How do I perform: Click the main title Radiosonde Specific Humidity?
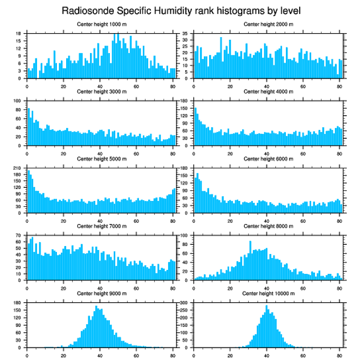pyautogui.click(x=180, y=10)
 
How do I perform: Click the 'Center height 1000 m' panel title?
pyautogui.click(x=101, y=24)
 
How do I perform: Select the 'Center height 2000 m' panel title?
pyautogui.click(x=268, y=24)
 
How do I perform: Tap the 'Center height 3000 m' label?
pyautogui.click(x=101, y=91)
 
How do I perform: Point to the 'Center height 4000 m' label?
pyautogui.click(x=268, y=91)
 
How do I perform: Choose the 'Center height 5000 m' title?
pyautogui.click(x=101, y=159)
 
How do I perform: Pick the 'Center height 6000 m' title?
pyautogui.click(x=268, y=159)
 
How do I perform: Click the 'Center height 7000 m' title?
pyautogui.click(x=101, y=226)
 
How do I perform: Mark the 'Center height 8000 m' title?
pyautogui.click(x=268, y=226)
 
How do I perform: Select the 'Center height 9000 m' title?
pyautogui.click(x=101, y=293)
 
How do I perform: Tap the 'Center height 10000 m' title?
pyautogui.click(x=268, y=293)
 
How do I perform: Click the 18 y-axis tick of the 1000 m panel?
pyautogui.click(x=19, y=34)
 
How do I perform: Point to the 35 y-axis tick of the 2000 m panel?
pyautogui.click(x=186, y=34)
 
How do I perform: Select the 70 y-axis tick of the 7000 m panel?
pyautogui.click(x=19, y=235)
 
